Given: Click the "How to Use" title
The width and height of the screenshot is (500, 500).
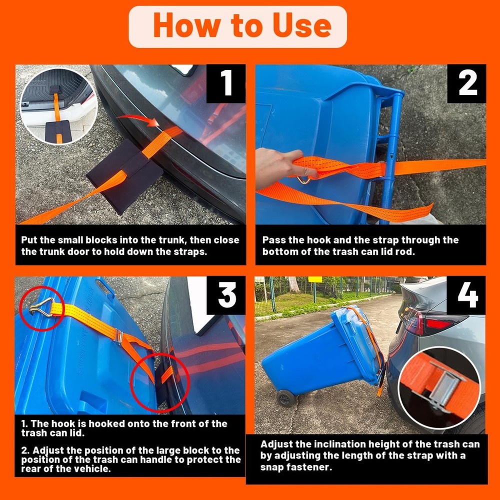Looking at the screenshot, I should pyautogui.click(x=242, y=26).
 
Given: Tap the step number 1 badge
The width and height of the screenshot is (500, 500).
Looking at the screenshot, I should pyautogui.click(x=226, y=83).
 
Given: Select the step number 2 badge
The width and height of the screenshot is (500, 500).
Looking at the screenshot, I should pyautogui.click(x=467, y=83).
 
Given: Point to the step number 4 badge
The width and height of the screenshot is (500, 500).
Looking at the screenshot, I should pyautogui.click(x=467, y=296).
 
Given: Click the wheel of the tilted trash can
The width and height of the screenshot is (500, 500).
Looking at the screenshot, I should pyautogui.click(x=286, y=398).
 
